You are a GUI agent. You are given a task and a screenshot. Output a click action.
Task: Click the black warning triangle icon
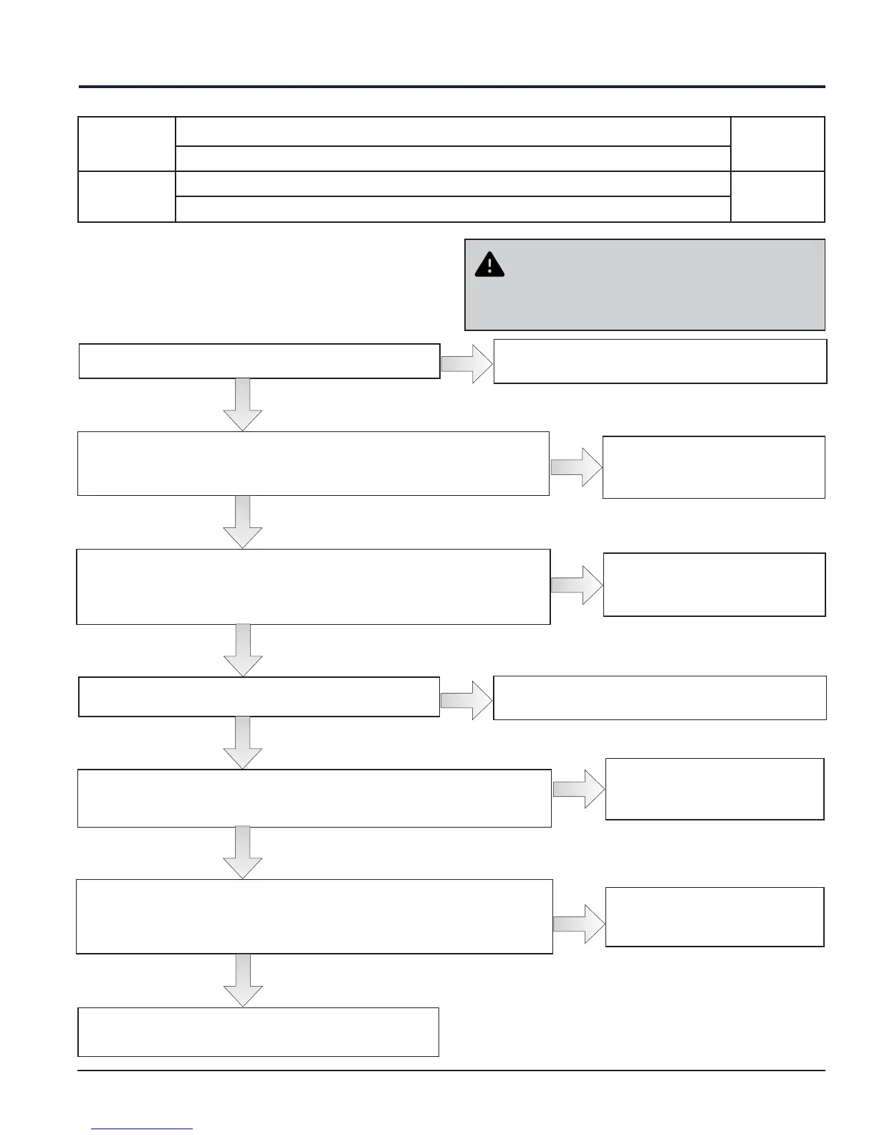click(x=489, y=264)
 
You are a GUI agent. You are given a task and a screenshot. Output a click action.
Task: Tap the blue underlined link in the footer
click(x=142, y=1129)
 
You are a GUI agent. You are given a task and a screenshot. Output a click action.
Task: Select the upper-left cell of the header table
click(x=127, y=144)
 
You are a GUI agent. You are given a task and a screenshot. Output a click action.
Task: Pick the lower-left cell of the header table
click(x=127, y=196)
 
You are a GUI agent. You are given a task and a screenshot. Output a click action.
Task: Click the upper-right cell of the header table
click(x=777, y=144)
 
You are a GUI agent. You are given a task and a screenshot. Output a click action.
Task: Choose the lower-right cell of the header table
click(x=777, y=196)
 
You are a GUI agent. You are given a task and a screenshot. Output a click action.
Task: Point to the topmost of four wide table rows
click(x=452, y=131)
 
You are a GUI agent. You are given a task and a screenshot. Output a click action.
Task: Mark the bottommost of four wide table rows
click(x=452, y=209)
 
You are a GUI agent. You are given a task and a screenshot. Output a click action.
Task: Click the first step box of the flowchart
click(x=259, y=361)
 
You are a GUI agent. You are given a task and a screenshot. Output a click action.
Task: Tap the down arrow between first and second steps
click(x=243, y=404)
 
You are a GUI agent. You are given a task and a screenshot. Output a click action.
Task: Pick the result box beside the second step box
click(x=714, y=467)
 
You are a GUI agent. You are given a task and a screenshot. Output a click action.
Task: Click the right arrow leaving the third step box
click(x=577, y=585)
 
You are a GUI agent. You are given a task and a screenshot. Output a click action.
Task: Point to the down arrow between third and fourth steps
click(x=243, y=650)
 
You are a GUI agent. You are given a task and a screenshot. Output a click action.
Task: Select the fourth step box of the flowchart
click(x=259, y=696)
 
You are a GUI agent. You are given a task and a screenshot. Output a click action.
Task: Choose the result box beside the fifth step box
click(x=714, y=789)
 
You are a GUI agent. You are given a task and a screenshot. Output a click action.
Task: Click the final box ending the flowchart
click(x=258, y=1032)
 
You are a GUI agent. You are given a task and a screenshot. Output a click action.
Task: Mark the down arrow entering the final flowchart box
click(x=243, y=980)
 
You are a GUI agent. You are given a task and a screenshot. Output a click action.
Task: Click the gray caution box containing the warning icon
click(x=645, y=284)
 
